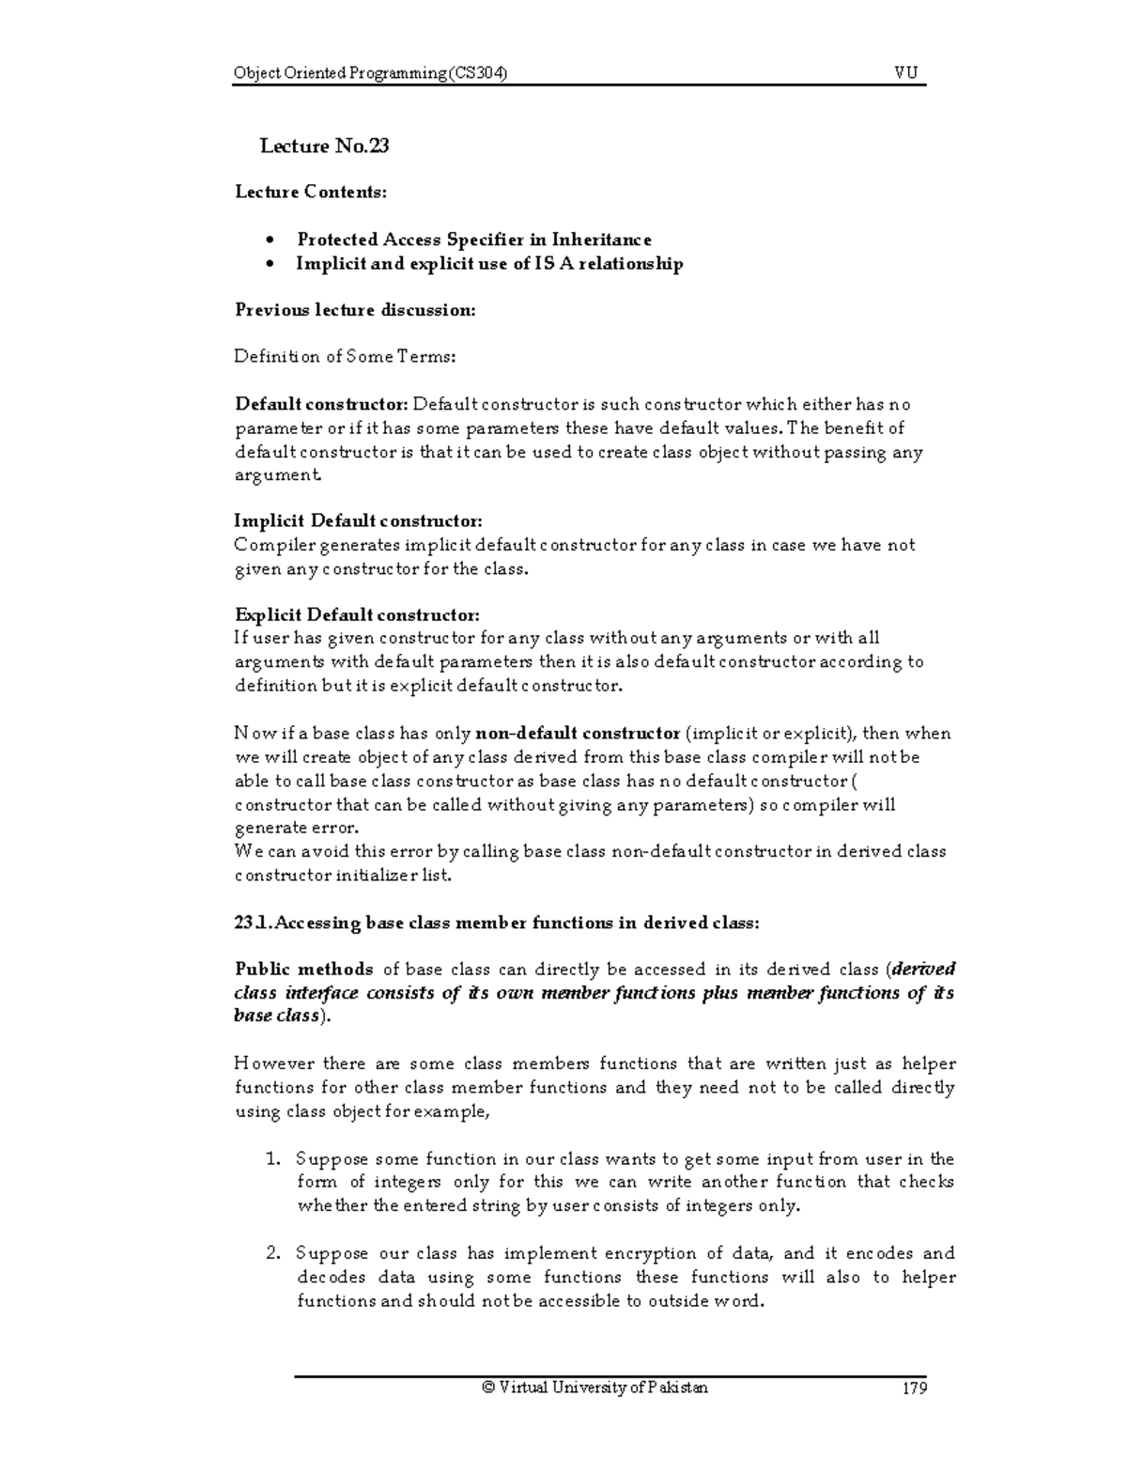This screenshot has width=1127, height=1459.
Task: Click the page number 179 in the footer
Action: click(x=912, y=1388)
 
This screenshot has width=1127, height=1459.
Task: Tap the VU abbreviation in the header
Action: click(x=906, y=74)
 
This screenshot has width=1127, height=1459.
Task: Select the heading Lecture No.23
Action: click(x=324, y=146)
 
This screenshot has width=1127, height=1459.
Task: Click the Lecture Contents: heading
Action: click(x=310, y=193)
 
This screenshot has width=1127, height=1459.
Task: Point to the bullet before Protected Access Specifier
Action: click(x=270, y=241)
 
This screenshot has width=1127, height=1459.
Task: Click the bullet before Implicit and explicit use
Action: click(x=270, y=264)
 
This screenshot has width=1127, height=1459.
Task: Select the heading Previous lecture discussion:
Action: click(x=355, y=310)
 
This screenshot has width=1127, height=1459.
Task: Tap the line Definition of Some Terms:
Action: click(x=345, y=357)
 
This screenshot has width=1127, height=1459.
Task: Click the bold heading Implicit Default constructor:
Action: click(x=358, y=521)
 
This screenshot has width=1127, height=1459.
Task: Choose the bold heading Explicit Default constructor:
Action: click(x=357, y=615)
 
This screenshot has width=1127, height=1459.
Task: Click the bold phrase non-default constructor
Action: click(x=579, y=733)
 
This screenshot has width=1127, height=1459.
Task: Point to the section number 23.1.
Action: click(x=253, y=923)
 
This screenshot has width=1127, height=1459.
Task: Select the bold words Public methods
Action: click(x=303, y=970)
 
